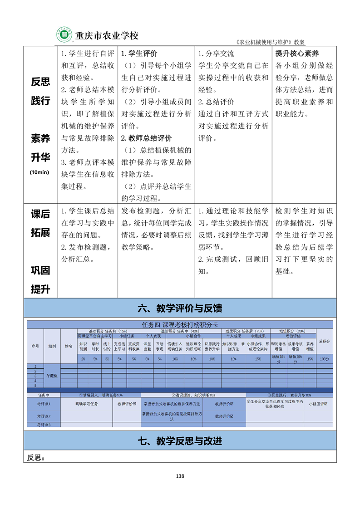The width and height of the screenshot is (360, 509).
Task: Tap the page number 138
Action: coord(180,476)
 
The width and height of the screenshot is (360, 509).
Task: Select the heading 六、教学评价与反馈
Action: coord(180,308)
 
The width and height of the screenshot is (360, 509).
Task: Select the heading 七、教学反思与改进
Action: coord(180,440)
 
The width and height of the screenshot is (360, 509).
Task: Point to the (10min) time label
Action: coord(40,172)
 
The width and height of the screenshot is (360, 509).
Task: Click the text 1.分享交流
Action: coord(217,53)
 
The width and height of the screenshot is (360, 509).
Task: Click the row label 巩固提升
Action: coord(40,279)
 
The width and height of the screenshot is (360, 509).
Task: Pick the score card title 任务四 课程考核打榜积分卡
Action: coord(180,324)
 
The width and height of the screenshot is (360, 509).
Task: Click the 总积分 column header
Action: coord(324,341)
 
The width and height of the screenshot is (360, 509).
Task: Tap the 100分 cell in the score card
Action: coord(324,359)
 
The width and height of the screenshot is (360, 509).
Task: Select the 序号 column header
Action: coord(35,346)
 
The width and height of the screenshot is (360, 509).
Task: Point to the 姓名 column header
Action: coord(69,346)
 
